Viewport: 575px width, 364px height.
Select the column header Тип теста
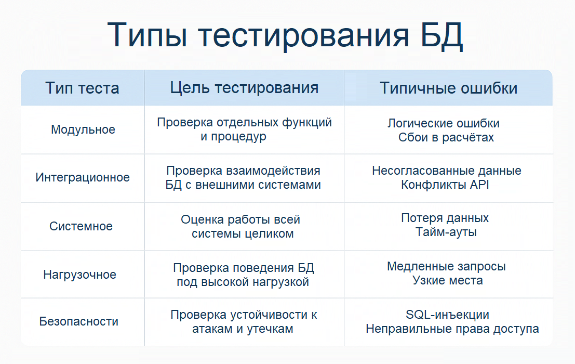point(82,88)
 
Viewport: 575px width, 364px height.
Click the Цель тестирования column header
point(244,87)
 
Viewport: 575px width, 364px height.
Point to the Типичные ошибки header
point(448,88)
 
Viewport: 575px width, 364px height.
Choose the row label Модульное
point(83,129)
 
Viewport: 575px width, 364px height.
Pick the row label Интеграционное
point(83,177)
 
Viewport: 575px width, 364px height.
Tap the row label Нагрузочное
point(80,275)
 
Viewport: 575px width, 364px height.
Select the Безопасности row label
point(79,321)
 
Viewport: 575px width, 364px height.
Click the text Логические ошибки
point(444,123)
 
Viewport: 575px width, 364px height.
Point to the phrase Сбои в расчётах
point(446,137)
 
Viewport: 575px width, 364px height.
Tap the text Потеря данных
point(445,218)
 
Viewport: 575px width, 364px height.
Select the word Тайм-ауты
point(446,232)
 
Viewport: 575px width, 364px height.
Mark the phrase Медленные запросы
point(446,266)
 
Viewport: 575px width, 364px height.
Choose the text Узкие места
point(448,281)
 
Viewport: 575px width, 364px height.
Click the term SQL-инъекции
point(447,315)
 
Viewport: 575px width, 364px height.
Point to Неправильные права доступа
point(452,329)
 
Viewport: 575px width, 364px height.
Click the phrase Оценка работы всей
point(240,219)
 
